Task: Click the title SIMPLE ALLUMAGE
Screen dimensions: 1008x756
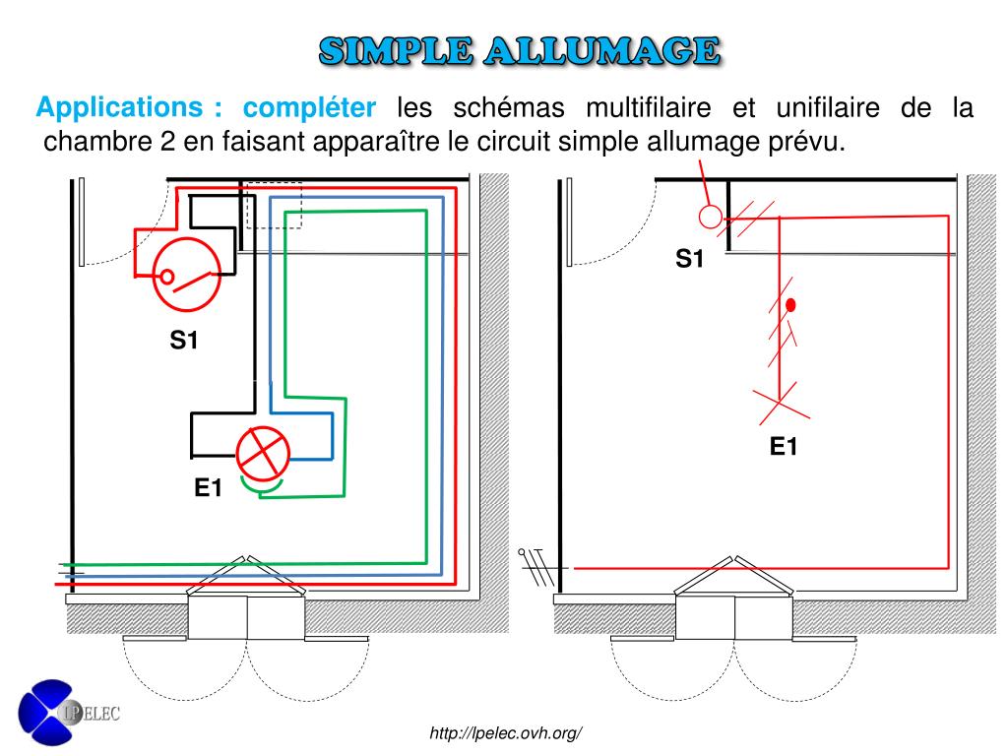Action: click(519, 50)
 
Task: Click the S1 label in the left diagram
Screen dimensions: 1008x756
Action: click(184, 341)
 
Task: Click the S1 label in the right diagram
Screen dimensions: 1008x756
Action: click(690, 259)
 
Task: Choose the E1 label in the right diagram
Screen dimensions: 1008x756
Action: click(784, 448)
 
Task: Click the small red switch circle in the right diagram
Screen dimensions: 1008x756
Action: click(709, 216)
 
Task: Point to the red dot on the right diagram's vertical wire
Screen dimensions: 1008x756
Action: click(790, 306)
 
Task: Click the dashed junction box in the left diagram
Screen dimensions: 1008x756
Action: click(274, 205)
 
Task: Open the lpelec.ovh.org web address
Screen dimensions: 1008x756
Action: click(507, 733)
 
